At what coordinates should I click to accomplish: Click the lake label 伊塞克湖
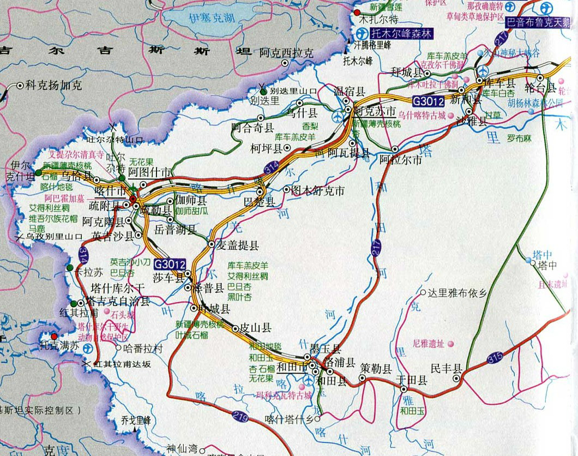point(212,18)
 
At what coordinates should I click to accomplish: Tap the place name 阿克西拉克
point(287,53)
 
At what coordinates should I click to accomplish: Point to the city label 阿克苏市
point(375,111)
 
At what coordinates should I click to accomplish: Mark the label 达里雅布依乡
point(457,293)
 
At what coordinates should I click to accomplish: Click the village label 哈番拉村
point(143,348)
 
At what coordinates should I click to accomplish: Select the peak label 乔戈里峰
point(136,421)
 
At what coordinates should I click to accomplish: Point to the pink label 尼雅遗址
point(429,344)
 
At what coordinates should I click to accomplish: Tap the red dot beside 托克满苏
point(54,337)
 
